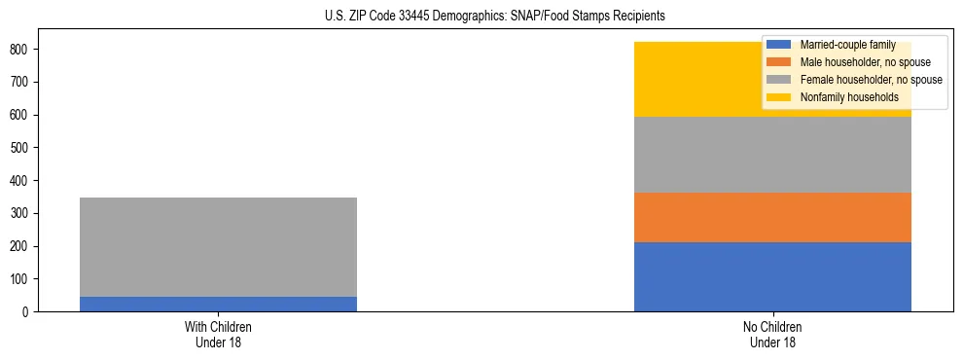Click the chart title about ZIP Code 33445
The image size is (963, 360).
pos(495,17)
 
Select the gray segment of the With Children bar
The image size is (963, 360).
pos(218,247)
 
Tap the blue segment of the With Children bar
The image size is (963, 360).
pos(218,304)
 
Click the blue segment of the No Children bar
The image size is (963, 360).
pos(772,277)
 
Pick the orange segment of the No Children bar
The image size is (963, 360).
pos(772,217)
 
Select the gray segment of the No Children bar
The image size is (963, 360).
pos(772,155)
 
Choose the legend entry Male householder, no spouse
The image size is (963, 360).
pos(857,62)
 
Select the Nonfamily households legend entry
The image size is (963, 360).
pos(842,97)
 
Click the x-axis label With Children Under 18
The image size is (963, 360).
pos(218,334)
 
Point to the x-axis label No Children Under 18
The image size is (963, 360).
pos(772,334)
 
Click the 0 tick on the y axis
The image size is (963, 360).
pos(27,312)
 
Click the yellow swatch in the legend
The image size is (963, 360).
pos(779,97)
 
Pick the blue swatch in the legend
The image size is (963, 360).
pos(779,45)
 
